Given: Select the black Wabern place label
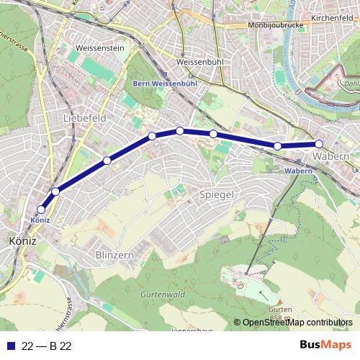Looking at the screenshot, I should coord(332,156).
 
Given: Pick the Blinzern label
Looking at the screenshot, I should coord(114,255).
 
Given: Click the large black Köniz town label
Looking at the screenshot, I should coord(22,241).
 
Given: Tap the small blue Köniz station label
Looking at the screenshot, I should coord(40,219).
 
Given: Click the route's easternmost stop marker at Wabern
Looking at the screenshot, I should coord(319,144).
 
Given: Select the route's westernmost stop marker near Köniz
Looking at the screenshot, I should coord(41,210).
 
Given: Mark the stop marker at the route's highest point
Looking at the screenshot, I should coord(179,130).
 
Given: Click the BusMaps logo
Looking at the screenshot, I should coord(325,346).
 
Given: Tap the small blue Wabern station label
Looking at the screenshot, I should coord(297,171).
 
